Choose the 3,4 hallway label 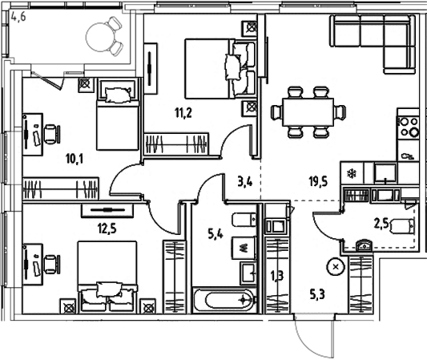246,183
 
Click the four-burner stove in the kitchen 409,127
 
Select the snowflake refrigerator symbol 349,172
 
